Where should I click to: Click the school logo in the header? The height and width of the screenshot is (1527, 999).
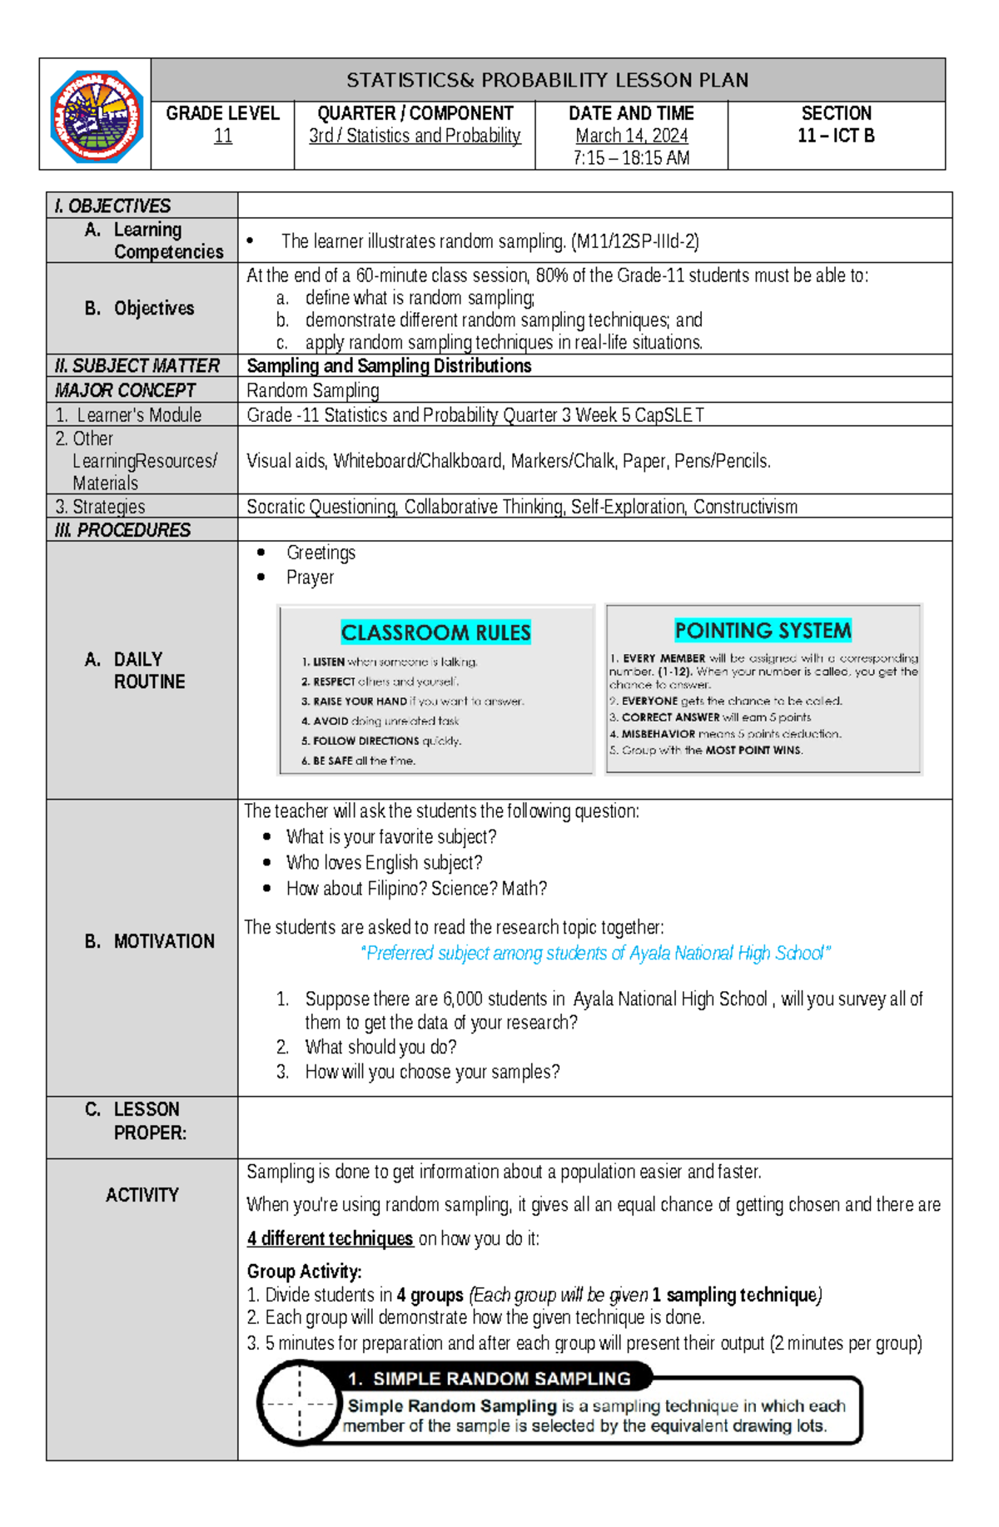tap(96, 116)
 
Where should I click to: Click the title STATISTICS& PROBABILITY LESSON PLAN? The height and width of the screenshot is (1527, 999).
tap(547, 80)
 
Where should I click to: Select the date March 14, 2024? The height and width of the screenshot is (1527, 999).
tap(631, 136)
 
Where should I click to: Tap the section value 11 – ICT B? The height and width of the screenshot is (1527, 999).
tap(836, 136)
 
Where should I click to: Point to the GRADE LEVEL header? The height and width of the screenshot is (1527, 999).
tap(222, 113)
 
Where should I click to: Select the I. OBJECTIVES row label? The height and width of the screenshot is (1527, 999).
tap(112, 206)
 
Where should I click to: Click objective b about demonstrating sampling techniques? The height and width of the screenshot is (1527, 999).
tap(503, 320)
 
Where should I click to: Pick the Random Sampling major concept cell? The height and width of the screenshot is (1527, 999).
tap(313, 390)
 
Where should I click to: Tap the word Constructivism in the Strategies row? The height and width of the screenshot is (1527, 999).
tap(745, 507)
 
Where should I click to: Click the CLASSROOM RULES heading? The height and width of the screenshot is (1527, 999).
tap(435, 632)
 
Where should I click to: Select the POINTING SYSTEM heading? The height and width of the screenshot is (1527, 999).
tap(763, 630)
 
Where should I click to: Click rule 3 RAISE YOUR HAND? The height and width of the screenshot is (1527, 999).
tap(412, 702)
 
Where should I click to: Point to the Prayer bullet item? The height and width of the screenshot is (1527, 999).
tap(310, 578)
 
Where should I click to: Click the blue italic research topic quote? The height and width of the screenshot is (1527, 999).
tap(595, 953)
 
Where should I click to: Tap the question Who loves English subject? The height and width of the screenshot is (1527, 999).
tap(384, 863)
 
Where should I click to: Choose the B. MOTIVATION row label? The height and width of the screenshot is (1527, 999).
tap(150, 941)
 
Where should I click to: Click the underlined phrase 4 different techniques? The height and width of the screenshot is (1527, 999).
tap(330, 1238)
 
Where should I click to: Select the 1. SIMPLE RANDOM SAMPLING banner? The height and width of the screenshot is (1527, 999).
tap(500, 1379)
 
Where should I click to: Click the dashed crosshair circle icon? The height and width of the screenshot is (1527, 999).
tap(299, 1403)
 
